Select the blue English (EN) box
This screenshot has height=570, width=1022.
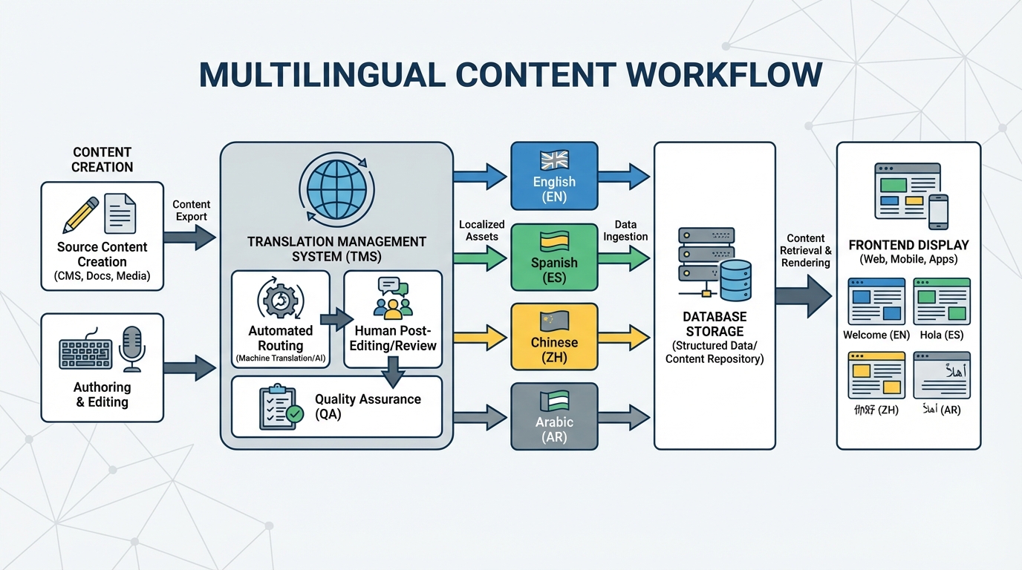[x=554, y=176]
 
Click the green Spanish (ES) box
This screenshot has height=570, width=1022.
[x=554, y=256]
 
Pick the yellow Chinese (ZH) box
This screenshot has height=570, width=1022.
[x=554, y=336]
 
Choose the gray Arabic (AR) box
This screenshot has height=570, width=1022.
[x=554, y=416]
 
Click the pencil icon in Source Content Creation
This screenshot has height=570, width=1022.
[x=80, y=214]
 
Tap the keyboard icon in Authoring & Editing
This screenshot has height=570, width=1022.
[x=85, y=355]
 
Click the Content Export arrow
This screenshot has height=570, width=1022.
[x=189, y=237]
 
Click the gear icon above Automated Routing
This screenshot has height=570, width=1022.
[x=280, y=300]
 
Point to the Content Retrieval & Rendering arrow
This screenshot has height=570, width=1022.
[x=803, y=295]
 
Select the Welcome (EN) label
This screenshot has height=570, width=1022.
[x=876, y=335]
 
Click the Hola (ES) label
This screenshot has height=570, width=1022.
[x=941, y=335]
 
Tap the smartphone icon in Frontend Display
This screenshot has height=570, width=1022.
[x=939, y=212]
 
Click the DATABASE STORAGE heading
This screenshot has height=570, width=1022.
[x=714, y=324]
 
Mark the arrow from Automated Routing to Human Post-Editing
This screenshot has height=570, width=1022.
[x=336, y=319]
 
